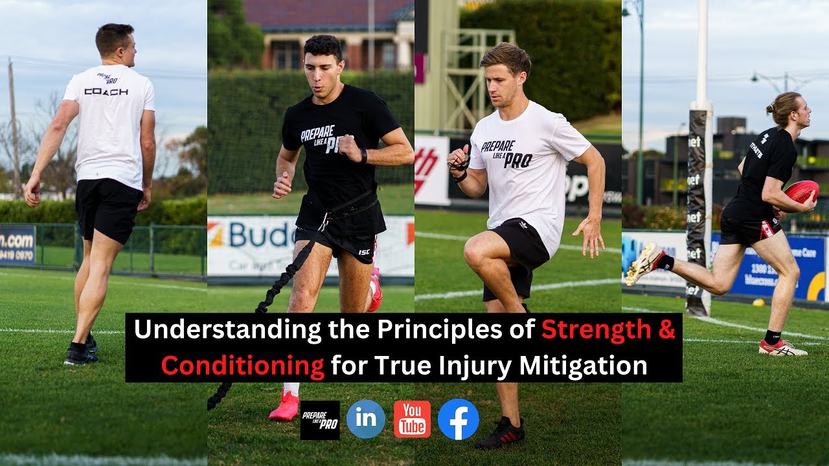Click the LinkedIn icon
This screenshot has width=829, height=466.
[365, 419]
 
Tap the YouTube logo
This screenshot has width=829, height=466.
[412, 419]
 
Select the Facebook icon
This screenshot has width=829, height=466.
[458, 419]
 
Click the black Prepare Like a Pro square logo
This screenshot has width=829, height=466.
[320, 420]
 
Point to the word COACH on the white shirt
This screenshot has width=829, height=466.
[106, 92]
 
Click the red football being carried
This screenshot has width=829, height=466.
[802, 192]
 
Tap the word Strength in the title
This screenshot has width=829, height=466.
[595, 329]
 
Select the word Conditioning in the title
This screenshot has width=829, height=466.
[242, 366]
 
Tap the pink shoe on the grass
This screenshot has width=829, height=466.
[284, 406]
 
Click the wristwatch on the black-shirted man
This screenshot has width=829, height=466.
[364, 155]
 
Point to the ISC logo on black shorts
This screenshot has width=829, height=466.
[365, 252]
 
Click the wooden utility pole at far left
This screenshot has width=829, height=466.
[14, 129]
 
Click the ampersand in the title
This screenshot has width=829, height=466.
[667, 329]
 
